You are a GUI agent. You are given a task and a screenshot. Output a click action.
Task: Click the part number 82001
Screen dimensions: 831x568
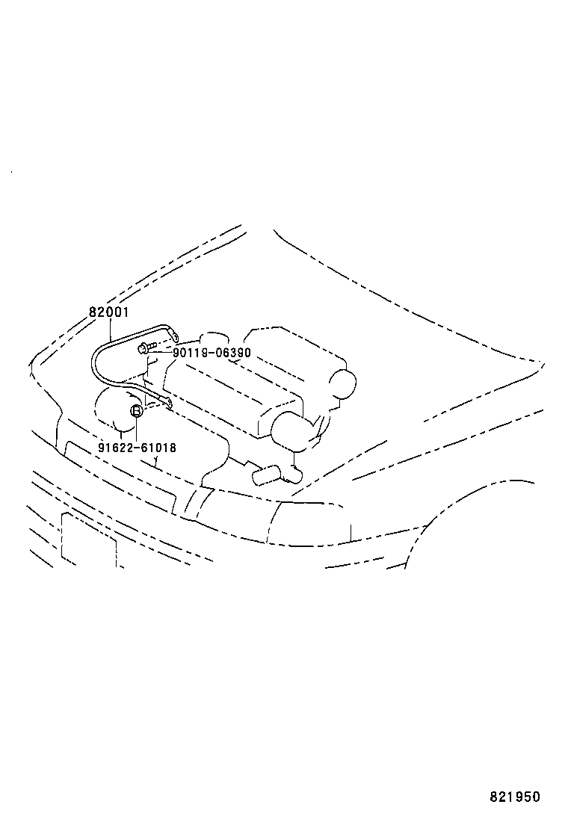[x=109, y=312]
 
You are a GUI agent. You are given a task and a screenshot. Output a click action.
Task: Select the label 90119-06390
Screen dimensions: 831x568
[x=212, y=353]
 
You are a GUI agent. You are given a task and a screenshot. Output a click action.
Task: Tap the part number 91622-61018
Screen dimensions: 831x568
[x=137, y=448]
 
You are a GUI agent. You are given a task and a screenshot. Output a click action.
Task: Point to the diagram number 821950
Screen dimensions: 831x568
[x=514, y=797]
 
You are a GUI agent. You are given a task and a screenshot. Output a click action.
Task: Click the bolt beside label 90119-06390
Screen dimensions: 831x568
[x=145, y=347]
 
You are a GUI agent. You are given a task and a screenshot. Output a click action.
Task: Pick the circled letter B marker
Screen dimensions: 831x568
[x=137, y=410]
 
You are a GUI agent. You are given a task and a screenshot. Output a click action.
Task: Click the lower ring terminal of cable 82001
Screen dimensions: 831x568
[x=166, y=403]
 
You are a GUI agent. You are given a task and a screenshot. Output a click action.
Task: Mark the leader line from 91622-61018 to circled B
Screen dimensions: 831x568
[x=137, y=429]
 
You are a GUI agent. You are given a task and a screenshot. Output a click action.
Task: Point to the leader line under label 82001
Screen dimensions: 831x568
[x=111, y=329]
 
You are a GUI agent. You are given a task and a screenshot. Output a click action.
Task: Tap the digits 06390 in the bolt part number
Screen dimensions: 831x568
[x=234, y=353]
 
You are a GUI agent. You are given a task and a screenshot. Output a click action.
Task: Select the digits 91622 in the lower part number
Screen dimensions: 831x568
[x=114, y=448]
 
